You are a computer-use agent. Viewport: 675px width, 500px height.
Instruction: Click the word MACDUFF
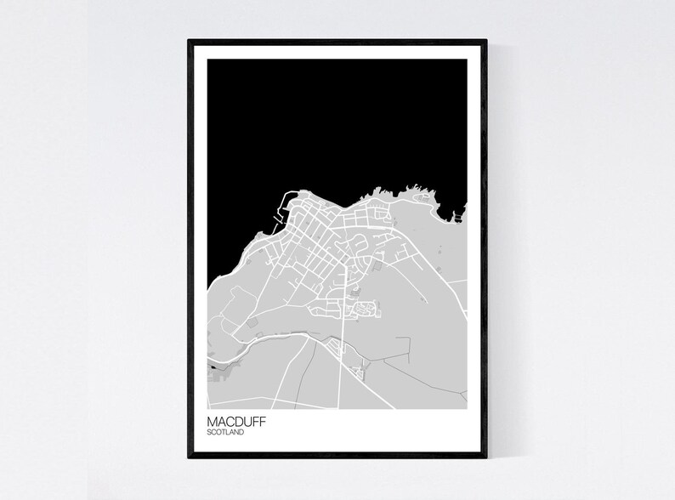tap(236, 420)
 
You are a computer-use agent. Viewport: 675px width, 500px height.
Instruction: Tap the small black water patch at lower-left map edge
tap(210, 367)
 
